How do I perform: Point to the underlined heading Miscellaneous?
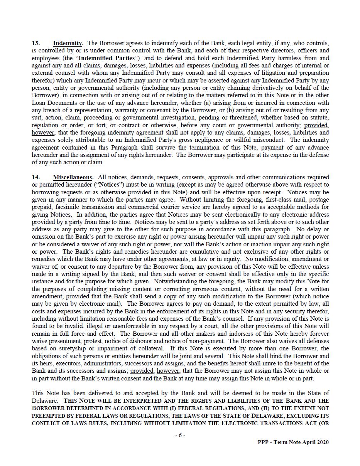pyautogui.click(x=73, y=177)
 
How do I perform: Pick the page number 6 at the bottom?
pyautogui.click(x=180, y=435)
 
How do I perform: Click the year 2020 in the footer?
pyautogui.click(x=322, y=442)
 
